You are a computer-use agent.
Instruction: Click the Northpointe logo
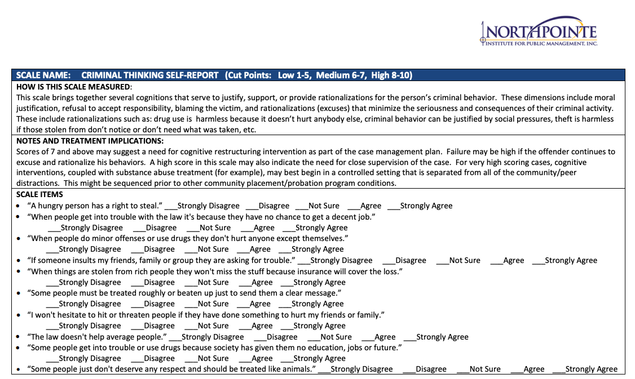coord(539,31)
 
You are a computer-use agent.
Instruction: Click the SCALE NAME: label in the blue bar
coord(43,75)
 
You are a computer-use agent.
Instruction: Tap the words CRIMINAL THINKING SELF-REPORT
coord(149,75)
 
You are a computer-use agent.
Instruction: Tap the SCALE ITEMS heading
coord(40,195)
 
